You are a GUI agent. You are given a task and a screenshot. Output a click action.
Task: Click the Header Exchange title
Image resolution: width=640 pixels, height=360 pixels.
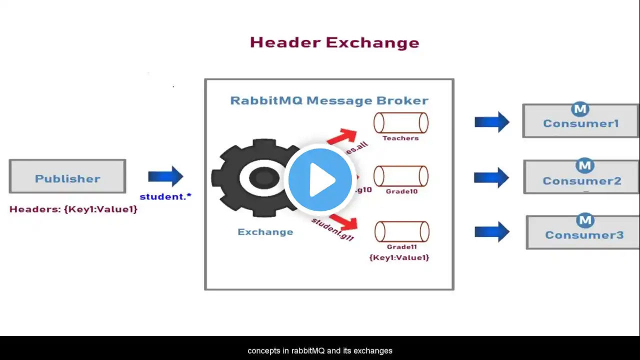[334, 42]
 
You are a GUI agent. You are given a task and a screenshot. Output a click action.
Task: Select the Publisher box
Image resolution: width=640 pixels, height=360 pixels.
[67, 176]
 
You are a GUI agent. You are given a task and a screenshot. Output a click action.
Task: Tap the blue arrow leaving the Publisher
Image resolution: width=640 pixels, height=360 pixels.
[166, 176]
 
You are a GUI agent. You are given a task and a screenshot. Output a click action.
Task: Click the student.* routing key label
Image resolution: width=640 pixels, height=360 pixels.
[165, 196]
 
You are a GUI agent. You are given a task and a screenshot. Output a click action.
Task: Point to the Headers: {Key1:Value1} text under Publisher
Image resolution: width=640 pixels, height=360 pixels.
[73, 209]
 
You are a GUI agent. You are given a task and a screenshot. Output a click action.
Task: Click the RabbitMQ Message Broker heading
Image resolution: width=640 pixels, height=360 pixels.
[329, 100]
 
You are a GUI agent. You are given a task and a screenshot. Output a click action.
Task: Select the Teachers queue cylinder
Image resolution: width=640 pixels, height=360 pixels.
[401, 123]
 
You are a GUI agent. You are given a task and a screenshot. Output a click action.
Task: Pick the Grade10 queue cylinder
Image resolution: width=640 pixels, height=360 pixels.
[401, 176]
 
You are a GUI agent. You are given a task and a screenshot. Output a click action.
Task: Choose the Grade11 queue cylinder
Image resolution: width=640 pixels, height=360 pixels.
[402, 232]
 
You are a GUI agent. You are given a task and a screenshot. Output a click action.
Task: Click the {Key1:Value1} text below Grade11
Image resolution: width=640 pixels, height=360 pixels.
[399, 257]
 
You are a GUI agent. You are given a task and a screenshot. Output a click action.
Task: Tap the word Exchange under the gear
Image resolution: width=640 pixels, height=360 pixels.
[265, 232]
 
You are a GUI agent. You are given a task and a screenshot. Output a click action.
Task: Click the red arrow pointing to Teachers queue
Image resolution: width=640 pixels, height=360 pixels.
[342, 136]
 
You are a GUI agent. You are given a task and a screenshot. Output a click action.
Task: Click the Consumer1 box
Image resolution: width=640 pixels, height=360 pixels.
[580, 121]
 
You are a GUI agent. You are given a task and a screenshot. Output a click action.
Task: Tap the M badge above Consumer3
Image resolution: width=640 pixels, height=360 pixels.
[584, 220]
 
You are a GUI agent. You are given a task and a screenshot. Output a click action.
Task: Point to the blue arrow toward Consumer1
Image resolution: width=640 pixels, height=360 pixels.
[492, 121]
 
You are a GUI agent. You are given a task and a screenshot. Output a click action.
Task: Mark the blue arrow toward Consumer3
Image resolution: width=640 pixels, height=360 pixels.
[492, 231]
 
